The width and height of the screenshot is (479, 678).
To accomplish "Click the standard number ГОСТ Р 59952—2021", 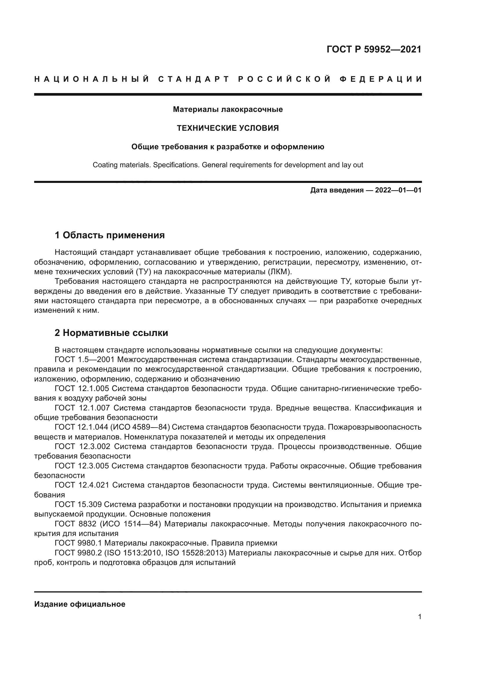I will tap(374, 49).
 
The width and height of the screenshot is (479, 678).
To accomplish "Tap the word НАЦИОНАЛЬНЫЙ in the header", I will tap(92, 79).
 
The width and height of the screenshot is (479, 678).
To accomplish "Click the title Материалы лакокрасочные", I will tap(228, 110).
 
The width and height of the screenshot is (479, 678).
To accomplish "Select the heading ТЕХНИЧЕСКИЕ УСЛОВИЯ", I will tap(228, 128).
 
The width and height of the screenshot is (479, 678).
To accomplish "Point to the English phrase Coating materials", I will tap(121, 165).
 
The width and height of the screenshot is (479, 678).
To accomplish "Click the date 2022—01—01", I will tap(398, 190).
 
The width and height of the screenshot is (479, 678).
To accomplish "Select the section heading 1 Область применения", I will tap(110, 235).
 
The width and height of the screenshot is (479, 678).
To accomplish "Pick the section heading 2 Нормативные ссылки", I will tap(111, 333).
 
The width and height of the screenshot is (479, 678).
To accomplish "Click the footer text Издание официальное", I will tap(80, 604).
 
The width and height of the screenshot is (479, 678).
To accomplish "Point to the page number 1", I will tap(419, 617).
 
